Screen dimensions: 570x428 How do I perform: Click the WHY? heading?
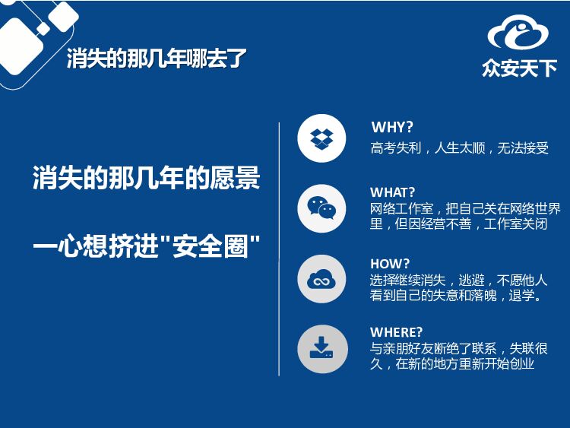click(392, 127)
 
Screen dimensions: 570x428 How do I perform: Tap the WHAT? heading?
click(392, 192)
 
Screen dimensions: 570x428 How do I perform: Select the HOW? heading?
click(390, 264)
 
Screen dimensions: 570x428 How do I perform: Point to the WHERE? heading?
click(396, 332)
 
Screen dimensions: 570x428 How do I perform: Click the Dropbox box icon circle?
click(321, 138)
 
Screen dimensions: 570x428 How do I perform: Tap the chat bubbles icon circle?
click(321, 208)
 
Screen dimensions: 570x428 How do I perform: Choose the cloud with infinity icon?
click(321, 279)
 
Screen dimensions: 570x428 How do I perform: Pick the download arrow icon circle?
click(322, 349)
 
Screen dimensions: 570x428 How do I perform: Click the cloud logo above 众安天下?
click(518, 32)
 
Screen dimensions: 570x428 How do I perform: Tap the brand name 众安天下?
click(520, 68)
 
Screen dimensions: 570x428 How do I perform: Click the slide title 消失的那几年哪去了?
click(157, 59)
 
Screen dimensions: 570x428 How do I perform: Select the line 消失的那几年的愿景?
click(146, 177)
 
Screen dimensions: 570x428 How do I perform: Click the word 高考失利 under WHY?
click(395, 148)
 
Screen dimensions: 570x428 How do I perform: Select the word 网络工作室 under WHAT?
click(402, 209)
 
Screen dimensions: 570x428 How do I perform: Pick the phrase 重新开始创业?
click(496, 363)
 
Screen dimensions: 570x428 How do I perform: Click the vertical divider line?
click(279, 249)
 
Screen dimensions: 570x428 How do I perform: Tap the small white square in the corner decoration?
click(43, 29)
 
